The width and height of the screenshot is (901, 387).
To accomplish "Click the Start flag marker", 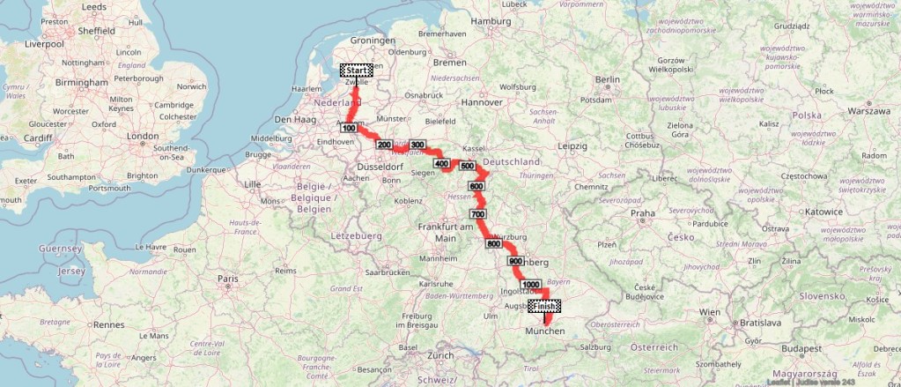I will pyautogui.click(x=356, y=71).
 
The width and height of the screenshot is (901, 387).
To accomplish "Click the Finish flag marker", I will pyautogui.click(x=544, y=307).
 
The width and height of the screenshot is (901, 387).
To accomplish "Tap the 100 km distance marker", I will pyautogui.click(x=348, y=128).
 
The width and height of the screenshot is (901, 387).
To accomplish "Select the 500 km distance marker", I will pyautogui.click(x=467, y=166).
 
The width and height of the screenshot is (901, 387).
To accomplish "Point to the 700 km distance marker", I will pyautogui.click(x=478, y=214).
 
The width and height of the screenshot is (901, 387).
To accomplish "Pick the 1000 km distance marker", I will pyautogui.click(x=530, y=285).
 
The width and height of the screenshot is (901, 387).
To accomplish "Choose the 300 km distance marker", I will pyautogui.click(x=417, y=145).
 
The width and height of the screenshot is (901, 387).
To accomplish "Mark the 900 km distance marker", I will pyautogui.click(x=515, y=261).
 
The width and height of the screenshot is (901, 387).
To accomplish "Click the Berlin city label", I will pyautogui.click(x=608, y=79).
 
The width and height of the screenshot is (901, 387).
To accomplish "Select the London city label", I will pyautogui.click(x=142, y=137).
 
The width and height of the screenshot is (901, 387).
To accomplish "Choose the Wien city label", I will pyautogui.click(x=709, y=312).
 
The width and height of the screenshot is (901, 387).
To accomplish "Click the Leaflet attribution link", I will pyautogui.click(x=825, y=382).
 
